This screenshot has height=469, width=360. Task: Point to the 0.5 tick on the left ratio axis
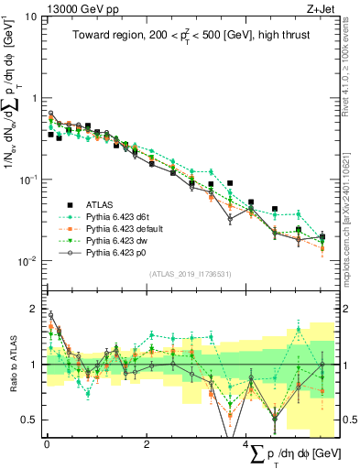tap(31, 420)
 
